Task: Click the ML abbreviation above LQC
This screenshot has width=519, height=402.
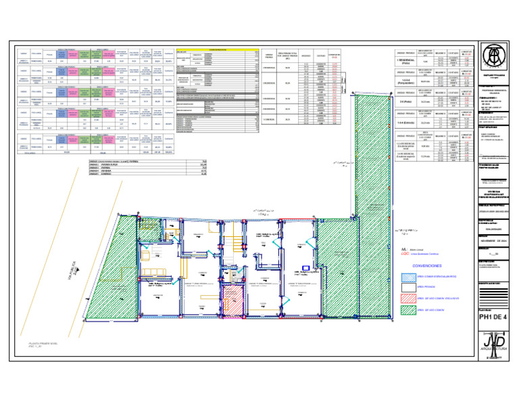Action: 404,249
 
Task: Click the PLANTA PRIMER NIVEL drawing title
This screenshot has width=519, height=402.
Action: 43,344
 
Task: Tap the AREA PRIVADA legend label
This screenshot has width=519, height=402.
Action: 428,287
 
